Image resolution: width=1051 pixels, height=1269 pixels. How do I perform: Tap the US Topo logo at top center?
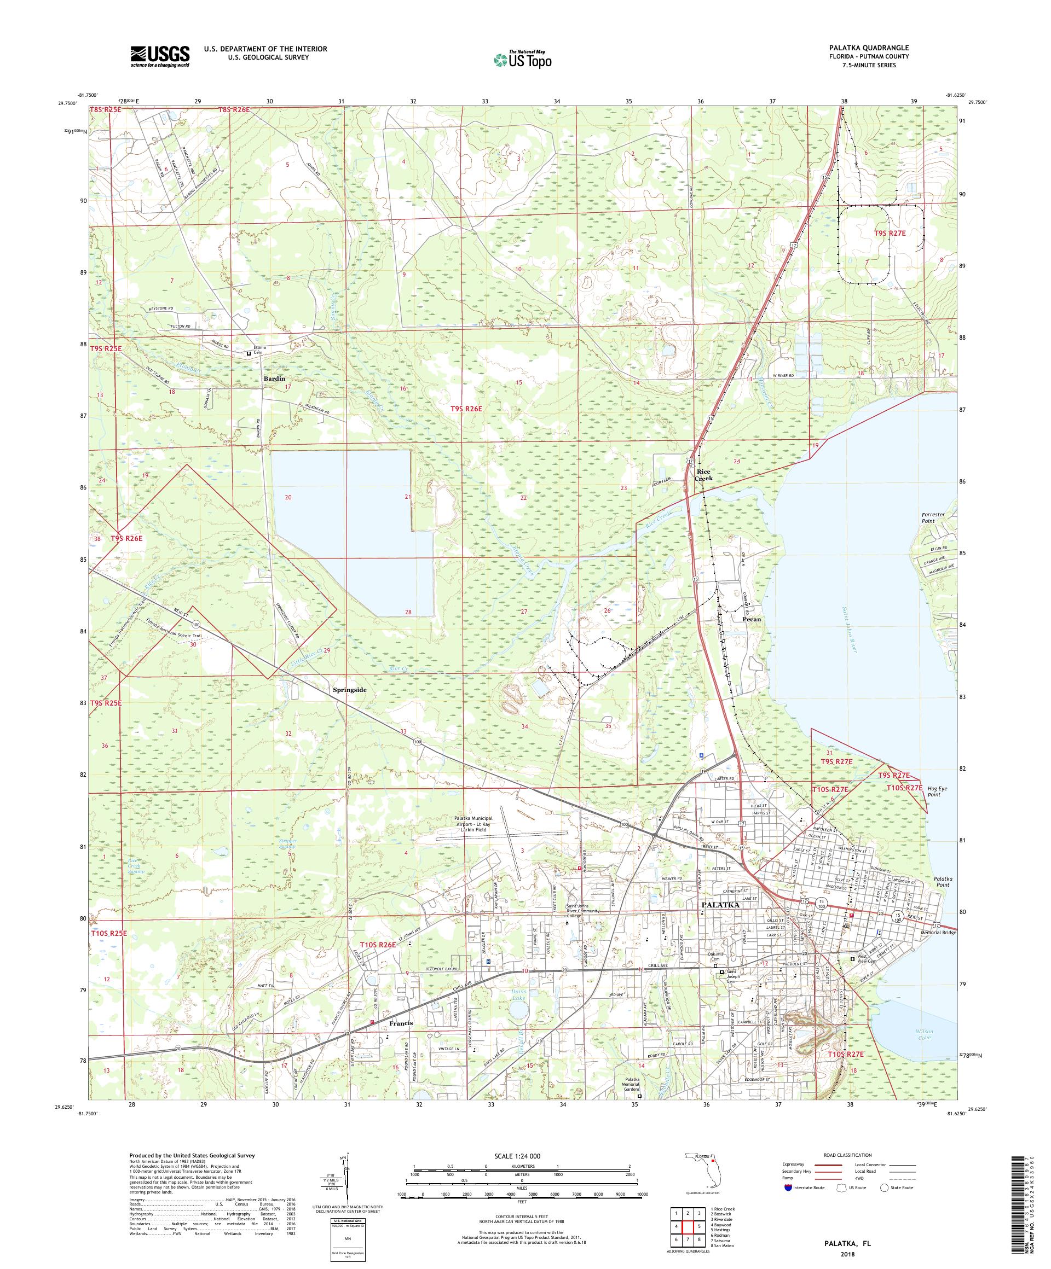[523, 59]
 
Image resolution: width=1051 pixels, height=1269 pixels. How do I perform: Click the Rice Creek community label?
[704, 474]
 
